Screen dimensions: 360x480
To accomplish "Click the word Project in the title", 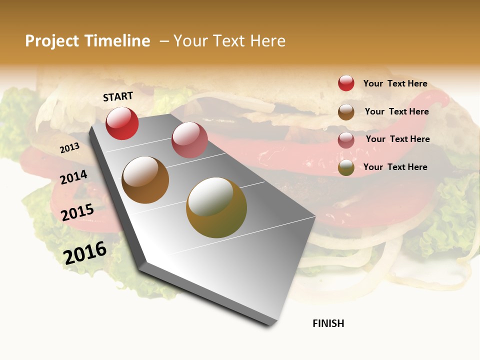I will (51, 41).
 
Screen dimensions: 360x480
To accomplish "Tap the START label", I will (118, 96).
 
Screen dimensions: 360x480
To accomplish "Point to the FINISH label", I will (328, 323).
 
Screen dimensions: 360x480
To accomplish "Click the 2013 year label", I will (69, 148).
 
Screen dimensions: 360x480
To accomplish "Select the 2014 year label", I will (73, 177).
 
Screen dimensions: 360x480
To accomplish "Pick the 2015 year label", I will (77, 212).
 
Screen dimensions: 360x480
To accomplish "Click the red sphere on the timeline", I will (122, 123).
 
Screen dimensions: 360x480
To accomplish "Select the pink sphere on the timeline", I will (189, 140).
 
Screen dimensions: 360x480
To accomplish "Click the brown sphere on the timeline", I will (145, 180).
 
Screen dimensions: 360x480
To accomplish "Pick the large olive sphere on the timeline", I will (216, 207).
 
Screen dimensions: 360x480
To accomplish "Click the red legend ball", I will (346, 83).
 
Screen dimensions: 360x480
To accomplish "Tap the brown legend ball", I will (346, 112).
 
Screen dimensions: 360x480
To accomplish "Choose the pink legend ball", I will (346, 140).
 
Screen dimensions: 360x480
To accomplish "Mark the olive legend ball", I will (346, 167).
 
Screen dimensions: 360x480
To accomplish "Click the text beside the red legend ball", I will (395, 83).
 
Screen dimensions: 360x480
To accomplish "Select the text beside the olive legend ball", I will (395, 167).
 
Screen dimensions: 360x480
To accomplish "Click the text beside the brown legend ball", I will (396, 111).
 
